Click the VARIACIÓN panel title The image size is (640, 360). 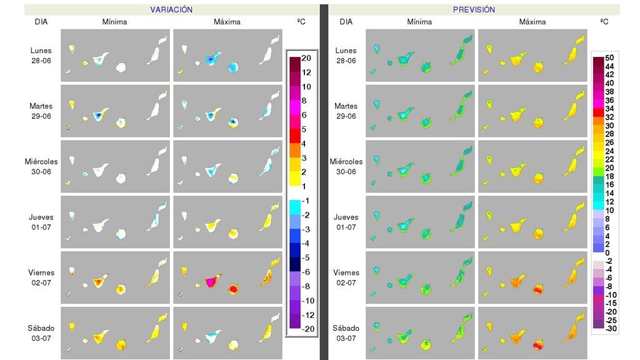tap(171, 10)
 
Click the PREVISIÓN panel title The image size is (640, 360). tap(474, 10)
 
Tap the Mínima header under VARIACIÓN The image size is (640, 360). tap(114, 22)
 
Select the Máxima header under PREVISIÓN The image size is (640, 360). tap(532, 22)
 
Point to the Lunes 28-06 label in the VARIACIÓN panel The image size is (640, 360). tap(41, 56)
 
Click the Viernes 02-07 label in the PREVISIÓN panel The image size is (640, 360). tap(346, 277)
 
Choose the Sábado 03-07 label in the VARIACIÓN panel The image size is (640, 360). tap(41, 333)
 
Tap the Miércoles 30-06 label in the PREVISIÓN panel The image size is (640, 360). tap(346, 166)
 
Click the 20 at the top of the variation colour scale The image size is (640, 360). tap(306, 58)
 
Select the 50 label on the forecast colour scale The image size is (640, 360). tap(609, 58)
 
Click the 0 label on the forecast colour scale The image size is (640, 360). tap(609, 252)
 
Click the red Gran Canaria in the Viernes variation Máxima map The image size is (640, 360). tap(234, 289)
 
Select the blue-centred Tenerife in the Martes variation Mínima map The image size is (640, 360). tap(98, 116)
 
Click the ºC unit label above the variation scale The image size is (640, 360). tap(302, 22)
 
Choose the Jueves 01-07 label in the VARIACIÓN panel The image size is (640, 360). tap(41, 222)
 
